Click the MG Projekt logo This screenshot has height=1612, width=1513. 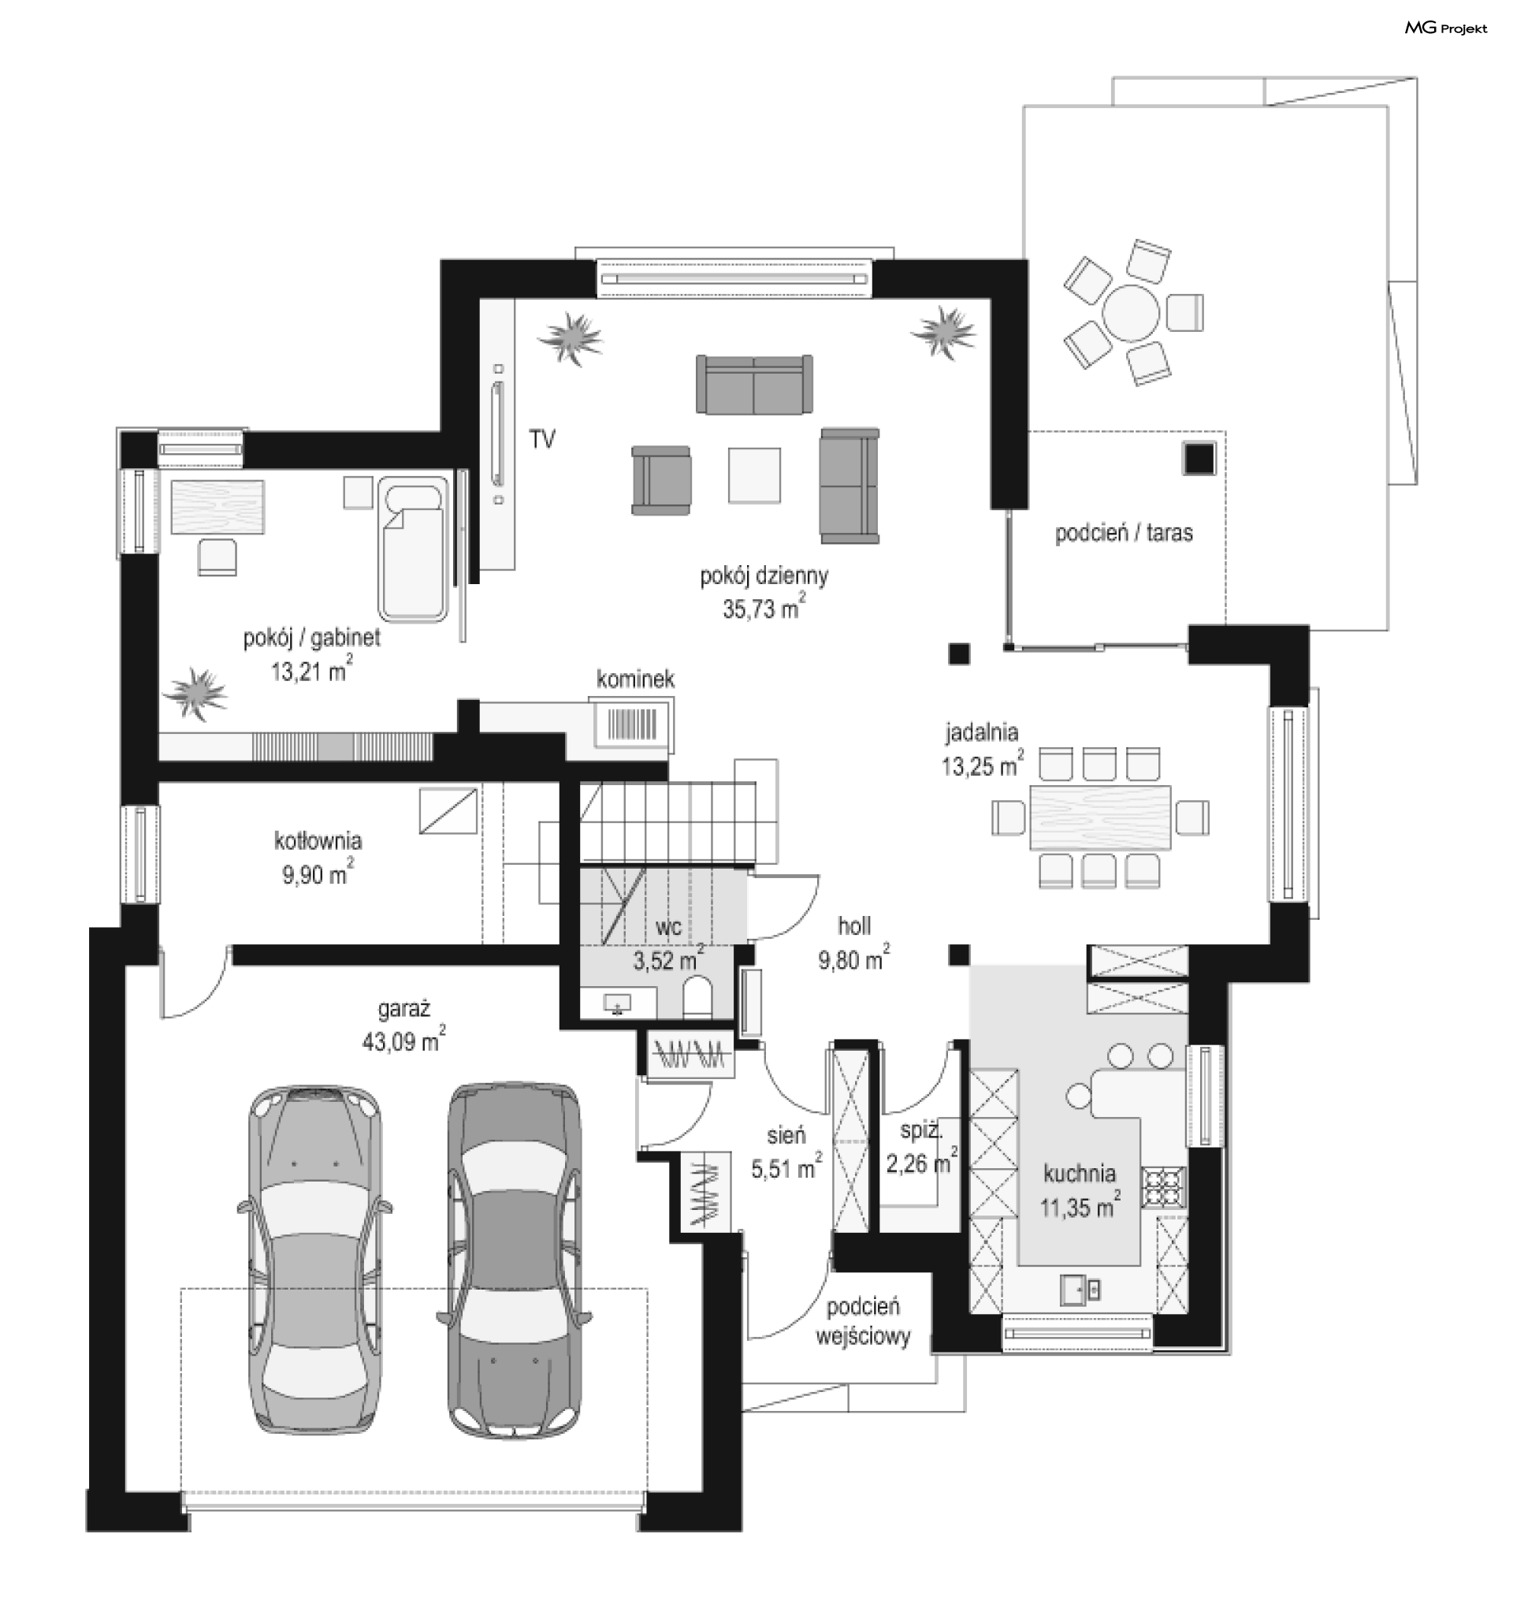click(1446, 28)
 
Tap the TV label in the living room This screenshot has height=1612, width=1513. click(542, 440)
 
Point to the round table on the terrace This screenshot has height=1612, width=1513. click(1131, 312)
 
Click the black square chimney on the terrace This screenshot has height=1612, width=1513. click(1199, 459)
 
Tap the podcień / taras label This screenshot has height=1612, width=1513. click(1124, 533)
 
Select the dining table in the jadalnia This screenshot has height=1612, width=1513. click(1100, 817)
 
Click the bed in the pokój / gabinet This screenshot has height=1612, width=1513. click(414, 549)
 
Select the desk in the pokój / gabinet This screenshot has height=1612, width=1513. click(217, 507)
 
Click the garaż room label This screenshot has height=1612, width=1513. click(403, 1009)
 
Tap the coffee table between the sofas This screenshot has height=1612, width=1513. click(754, 475)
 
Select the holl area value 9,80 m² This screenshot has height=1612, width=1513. click(853, 960)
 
